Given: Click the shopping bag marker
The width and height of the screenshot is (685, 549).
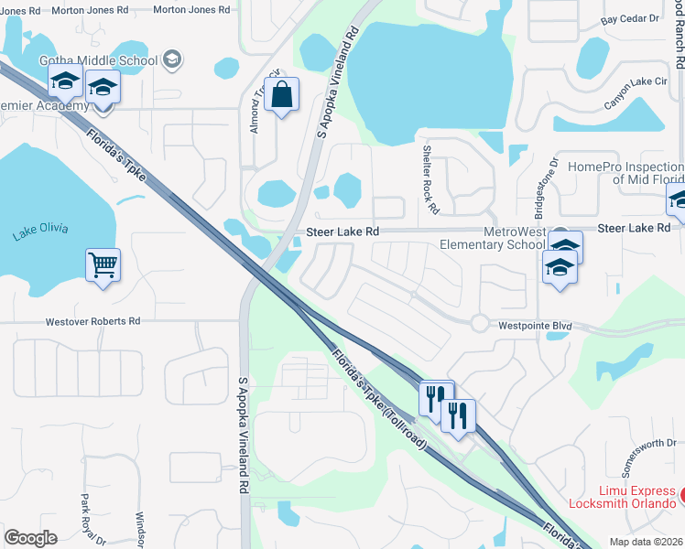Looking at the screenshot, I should click(x=282, y=94).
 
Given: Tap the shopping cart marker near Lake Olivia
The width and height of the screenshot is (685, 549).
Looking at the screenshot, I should click(x=103, y=265).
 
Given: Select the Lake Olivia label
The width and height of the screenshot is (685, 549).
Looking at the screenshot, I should click(x=41, y=231).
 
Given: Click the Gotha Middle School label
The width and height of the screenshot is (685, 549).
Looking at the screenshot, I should click(x=98, y=60).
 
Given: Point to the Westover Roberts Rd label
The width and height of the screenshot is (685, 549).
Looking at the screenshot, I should click(x=92, y=321).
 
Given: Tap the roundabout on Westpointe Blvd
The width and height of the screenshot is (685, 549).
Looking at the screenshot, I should click(x=479, y=322).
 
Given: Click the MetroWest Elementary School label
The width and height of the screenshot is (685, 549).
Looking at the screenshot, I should click(x=492, y=238).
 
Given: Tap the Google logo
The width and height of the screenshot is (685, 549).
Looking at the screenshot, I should click(x=30, y=538).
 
